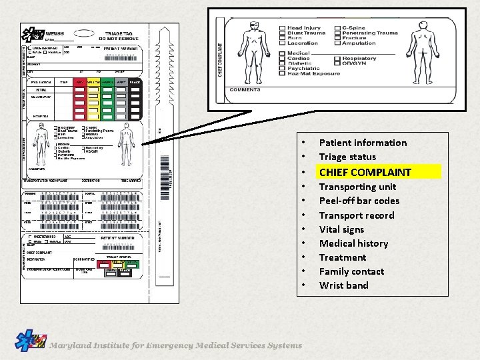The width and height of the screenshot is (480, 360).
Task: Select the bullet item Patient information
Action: (362, 143)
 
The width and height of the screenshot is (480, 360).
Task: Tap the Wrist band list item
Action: (343, 285)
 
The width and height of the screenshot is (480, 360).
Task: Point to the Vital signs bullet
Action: (341, 229)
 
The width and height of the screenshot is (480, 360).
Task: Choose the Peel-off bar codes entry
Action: (359, 201)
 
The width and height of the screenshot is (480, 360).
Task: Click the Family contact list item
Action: (351, 271)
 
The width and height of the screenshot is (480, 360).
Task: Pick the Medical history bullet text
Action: (353, 243)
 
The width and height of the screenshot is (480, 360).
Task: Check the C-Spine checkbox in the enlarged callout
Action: (338, 28)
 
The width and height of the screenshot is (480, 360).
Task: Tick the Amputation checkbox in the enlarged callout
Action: (338, 43)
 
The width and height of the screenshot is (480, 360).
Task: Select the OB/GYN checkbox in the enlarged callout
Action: (338, 64)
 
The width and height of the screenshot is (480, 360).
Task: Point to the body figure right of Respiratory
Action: (423, 51)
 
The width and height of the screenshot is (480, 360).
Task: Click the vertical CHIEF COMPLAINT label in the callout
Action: (219, 50)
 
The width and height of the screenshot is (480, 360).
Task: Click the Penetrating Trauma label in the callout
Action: (370, 33)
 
